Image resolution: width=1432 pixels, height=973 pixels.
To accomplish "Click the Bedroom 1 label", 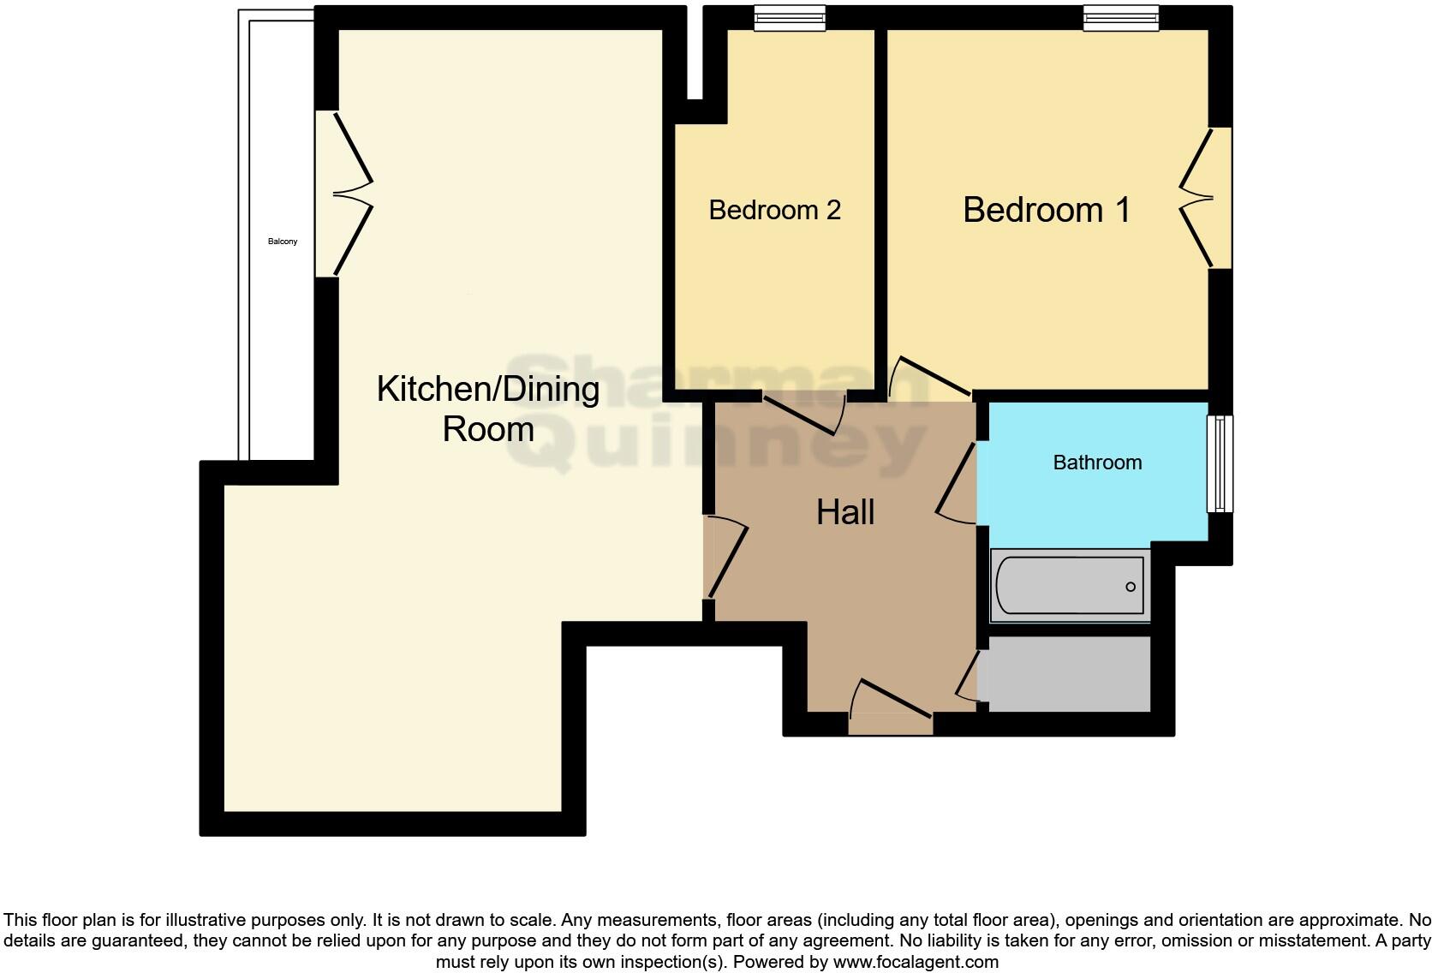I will (x=1047, y=210).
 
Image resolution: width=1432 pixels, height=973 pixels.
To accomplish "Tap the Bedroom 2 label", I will (x=774, y=210).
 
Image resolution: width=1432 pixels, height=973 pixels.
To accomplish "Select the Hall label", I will (x=844, y=512).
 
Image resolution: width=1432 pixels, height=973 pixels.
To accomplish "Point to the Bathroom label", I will (x=1097, y=463).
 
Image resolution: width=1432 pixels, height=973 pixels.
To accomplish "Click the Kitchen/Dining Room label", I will (x=488, y=409).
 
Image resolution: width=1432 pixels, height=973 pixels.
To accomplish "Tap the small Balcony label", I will (x=283, y=242).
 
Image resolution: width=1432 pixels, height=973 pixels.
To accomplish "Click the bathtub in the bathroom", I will (x=1070, y=586).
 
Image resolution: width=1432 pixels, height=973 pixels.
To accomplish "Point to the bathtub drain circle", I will (x=1131, y=587).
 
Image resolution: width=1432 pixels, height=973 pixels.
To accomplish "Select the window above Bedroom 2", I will (x=790, y=18).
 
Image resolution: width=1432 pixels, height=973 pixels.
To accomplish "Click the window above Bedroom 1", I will (x=1120, y=18).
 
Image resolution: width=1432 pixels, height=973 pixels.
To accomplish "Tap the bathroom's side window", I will (x=1220, y=463).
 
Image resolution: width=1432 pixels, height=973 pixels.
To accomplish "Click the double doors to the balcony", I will (x=347, y=194).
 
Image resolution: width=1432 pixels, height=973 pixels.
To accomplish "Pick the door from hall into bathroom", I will (x=958, y=484).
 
